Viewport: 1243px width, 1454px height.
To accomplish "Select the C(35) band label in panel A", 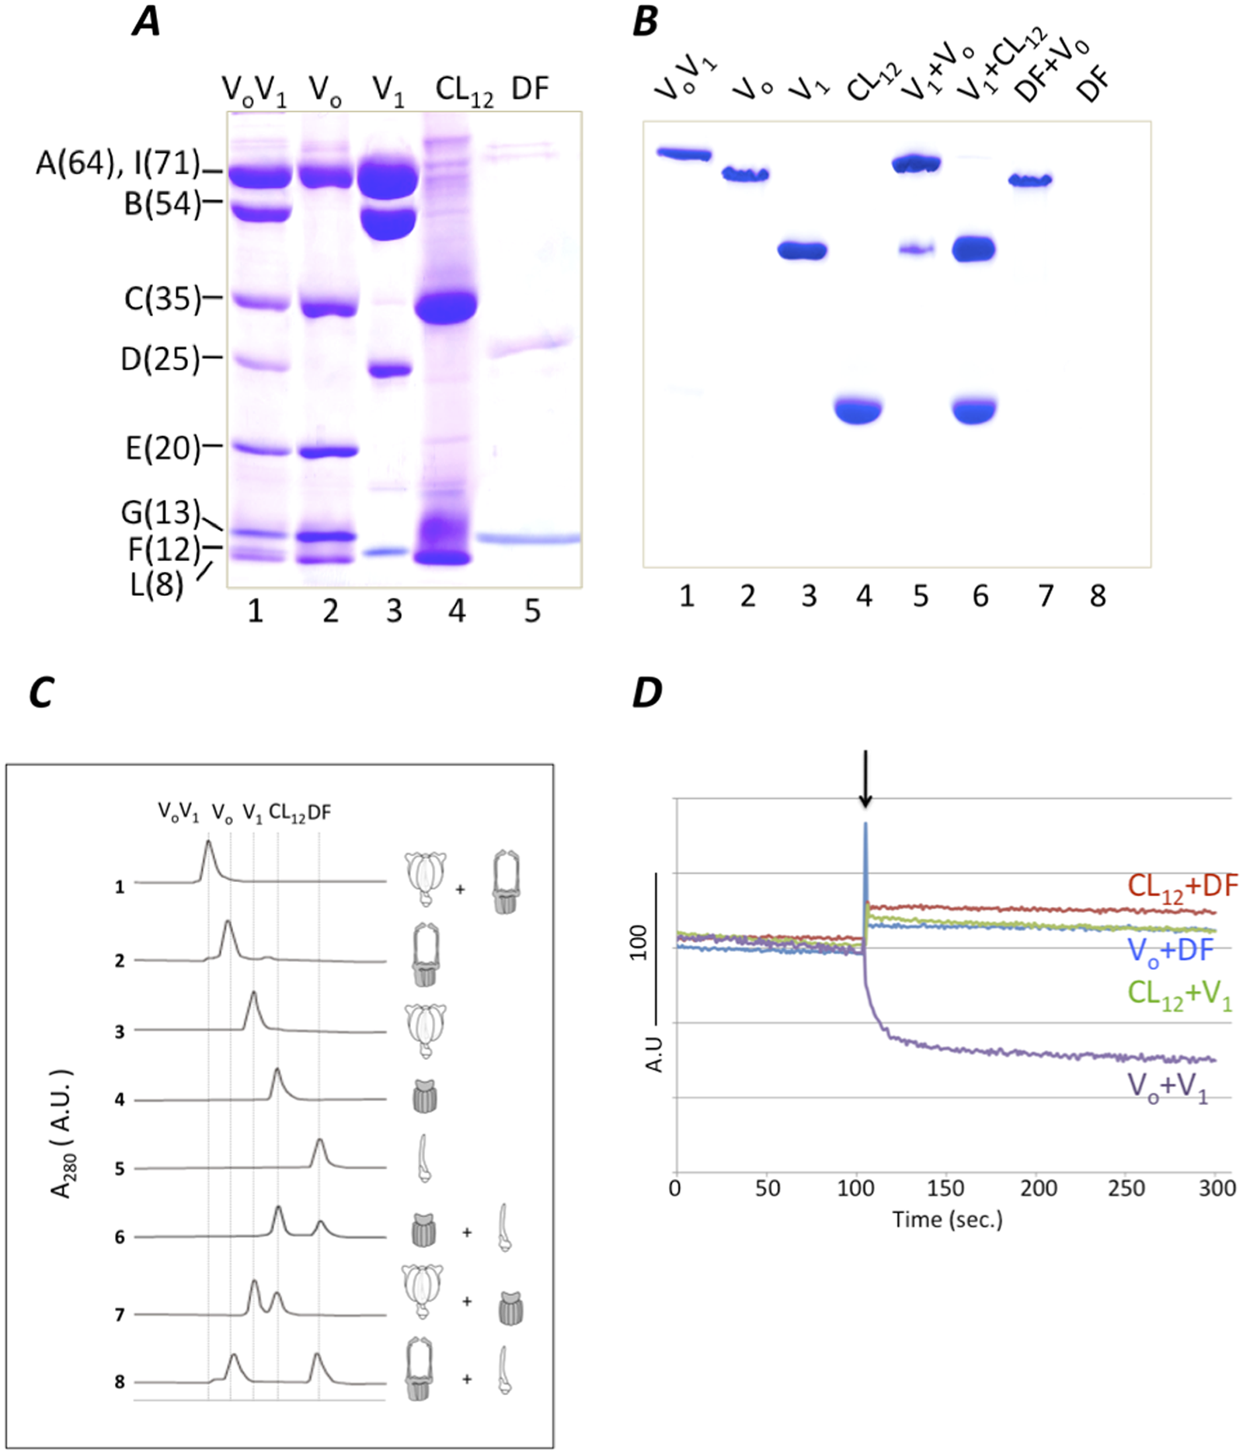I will (162, 298).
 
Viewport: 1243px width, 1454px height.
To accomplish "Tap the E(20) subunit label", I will (162, 448).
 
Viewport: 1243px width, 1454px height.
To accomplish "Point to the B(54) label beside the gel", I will (162, 204).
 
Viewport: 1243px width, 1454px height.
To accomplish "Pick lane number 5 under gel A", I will (531, 612).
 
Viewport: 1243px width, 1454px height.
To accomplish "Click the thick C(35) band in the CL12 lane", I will (445, 305).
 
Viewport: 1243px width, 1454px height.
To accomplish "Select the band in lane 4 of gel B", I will (858, 410).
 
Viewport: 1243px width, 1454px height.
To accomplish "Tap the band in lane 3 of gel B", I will (803, 251).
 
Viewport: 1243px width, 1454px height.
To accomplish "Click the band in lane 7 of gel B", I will (1030, 181).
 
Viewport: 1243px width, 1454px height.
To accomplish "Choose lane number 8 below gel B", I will (1097, 596).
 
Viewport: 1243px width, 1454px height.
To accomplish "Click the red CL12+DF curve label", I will (1182, 887).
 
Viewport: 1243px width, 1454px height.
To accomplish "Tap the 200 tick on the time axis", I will (1038, 1188).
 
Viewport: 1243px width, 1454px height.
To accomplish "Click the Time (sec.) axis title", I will (947, 1219).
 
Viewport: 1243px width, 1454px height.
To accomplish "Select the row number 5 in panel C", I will (120, 1168).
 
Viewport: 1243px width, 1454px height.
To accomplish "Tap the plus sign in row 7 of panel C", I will (467, 1300).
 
